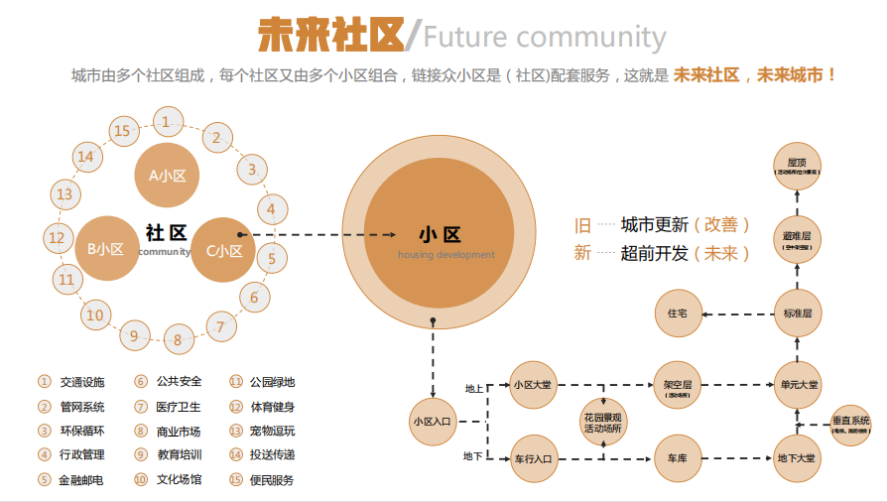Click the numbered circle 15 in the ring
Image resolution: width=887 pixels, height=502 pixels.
click(x=122, y=131)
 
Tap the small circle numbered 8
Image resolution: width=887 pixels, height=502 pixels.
click(x=179, y=340)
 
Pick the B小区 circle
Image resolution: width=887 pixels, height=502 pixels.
click(x=105, y=249)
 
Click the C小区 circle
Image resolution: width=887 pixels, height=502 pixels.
click(x=223, y=250)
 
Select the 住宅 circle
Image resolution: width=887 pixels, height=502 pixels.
click(x=678, y=313)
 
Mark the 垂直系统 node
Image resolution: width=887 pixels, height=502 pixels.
click(x=851, y=424)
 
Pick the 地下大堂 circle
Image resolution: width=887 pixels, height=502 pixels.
click(x=798, y=458)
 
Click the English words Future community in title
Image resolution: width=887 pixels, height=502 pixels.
click(x=545, y=38)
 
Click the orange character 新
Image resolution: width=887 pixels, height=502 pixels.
click(x=582, y=253)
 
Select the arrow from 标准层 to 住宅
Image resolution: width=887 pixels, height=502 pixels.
click(x=737, y=313)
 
